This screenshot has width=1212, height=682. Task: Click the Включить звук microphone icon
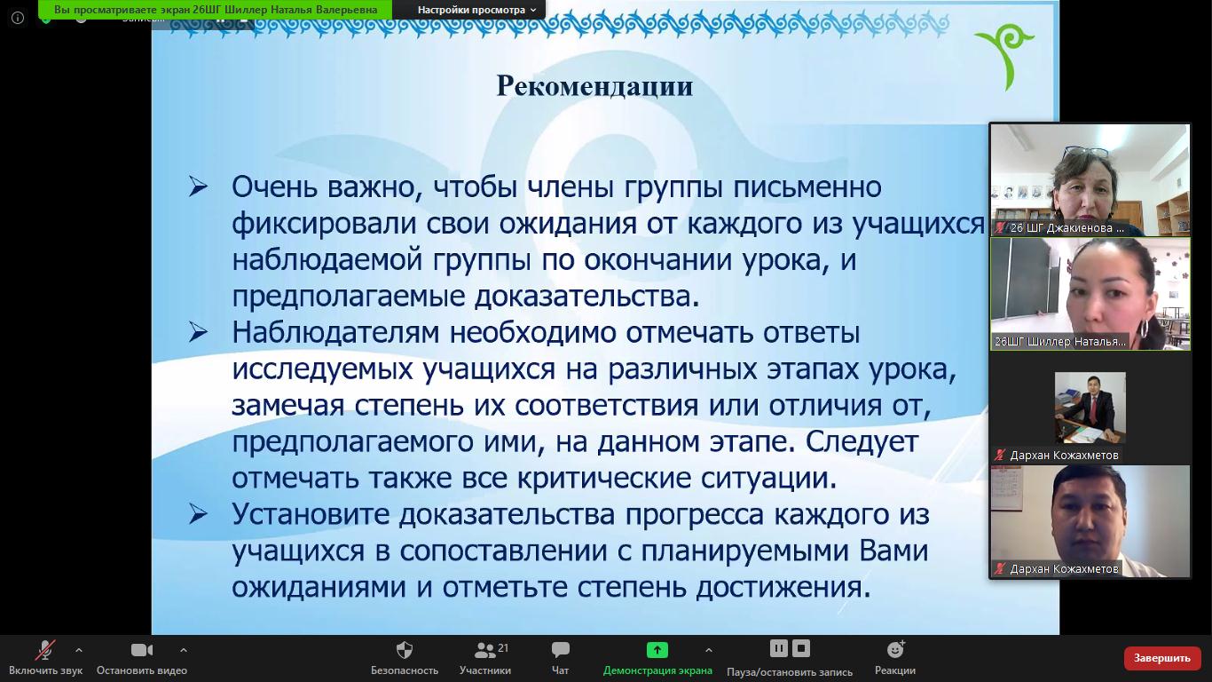(45, 649)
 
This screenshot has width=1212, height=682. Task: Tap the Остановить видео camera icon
(142, 649)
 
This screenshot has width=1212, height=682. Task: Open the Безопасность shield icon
(405, 649)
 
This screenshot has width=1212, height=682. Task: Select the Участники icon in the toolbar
(484, 649)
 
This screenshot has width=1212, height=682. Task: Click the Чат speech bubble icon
(560, 649)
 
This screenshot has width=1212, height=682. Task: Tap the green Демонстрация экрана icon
(657, 649)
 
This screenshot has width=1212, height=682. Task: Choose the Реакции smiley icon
(895, 649)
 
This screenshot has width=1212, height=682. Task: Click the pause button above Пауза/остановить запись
(779, 648)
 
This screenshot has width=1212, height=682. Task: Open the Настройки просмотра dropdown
(476, 10)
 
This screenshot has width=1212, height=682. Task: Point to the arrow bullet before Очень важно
(198, 186)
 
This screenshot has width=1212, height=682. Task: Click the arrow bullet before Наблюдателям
(198, 332)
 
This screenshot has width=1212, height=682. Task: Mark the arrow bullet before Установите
(198, 514)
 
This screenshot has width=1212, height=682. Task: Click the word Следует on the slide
(862, 442)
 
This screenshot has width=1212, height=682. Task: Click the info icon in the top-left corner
(18, 18)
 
